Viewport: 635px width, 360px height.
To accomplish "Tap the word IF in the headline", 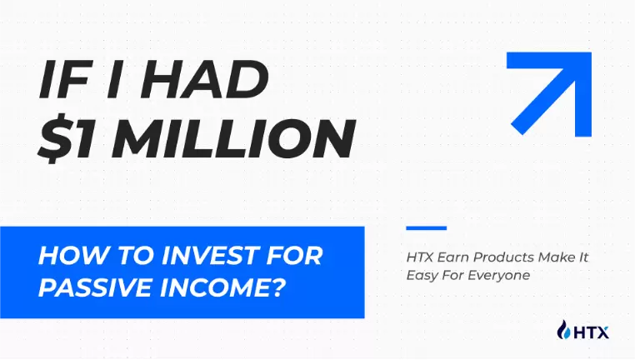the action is tap(64, 79).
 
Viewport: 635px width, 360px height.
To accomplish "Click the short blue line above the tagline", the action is tap(427, 228).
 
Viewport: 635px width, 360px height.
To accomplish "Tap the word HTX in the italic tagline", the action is tap(419, 257).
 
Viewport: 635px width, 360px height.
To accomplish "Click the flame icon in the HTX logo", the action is tap(563, 329).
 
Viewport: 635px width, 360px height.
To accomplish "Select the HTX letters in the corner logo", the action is tap(591, 332).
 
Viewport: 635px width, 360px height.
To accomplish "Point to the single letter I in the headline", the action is tap(114, 79).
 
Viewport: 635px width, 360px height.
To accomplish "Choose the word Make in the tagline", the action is tap(552, 257).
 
